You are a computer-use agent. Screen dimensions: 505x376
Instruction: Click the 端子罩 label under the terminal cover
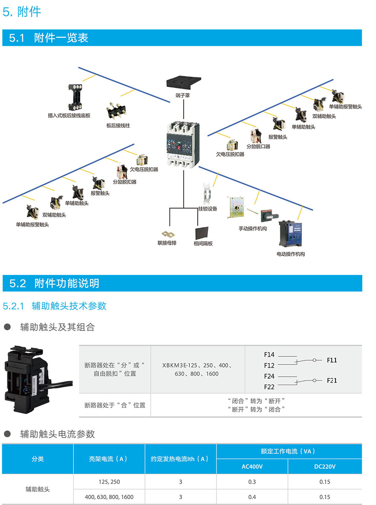point(182,95)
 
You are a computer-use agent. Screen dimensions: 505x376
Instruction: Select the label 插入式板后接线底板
point(69,115)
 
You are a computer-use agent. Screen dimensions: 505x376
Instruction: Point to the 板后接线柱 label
point(118,126)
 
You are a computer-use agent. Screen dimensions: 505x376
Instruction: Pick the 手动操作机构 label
point(253,229)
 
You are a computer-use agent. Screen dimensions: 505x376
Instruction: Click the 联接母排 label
point(167,243)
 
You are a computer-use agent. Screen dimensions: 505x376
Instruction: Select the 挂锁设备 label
point(208,209)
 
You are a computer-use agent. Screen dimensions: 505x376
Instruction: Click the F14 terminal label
point(269,354)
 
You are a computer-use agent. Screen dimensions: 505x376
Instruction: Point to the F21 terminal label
point(332,380)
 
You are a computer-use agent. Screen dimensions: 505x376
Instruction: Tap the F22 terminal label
point(269,387)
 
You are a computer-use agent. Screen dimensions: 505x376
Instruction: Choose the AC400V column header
point(252,467)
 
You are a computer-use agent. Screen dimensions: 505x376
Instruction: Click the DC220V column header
point(324,467)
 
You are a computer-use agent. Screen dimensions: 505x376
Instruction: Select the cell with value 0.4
point(252,497)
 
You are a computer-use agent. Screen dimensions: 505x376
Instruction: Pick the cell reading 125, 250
point(109,482)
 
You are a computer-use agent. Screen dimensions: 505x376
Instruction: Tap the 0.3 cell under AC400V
point(252,482)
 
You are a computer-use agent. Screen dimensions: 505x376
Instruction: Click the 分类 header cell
point(38,459)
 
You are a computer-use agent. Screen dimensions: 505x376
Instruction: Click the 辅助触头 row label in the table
point(38,489)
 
